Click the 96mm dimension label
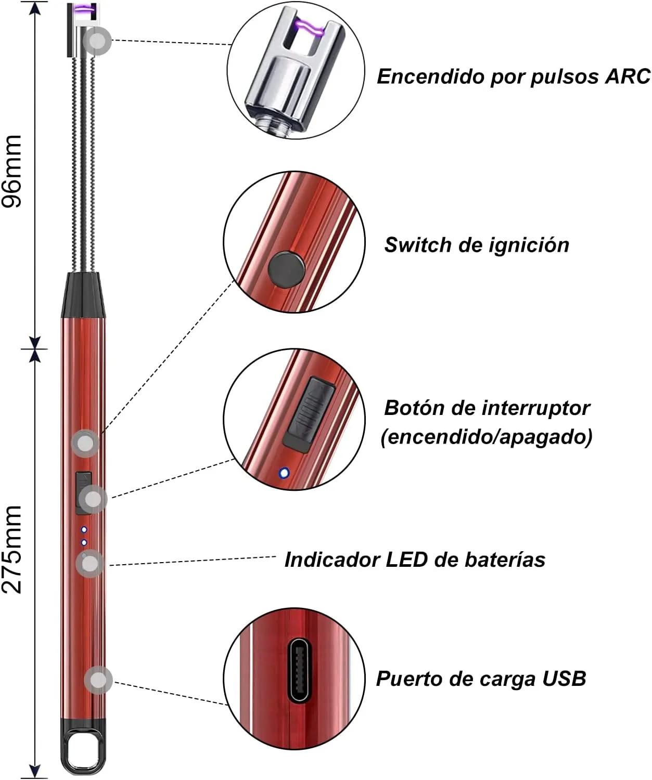[11, 171]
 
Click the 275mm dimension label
[11, 549]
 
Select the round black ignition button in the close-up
[287, 269]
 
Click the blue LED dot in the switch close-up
[284, 473]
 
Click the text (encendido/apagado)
[487, 436]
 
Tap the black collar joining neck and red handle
[84, 295]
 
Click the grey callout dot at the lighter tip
[98, 41]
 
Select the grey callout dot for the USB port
[98, 680]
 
